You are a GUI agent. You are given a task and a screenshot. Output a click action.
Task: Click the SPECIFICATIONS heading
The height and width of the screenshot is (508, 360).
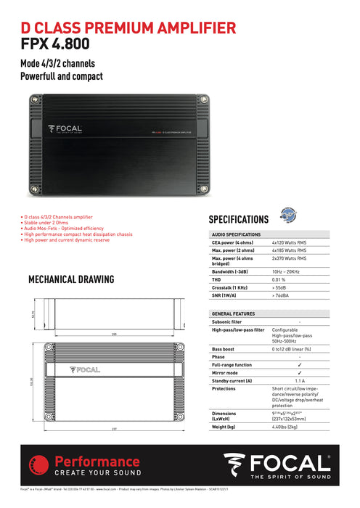238,219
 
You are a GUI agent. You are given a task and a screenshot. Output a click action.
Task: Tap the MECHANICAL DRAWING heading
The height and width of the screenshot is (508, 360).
70,279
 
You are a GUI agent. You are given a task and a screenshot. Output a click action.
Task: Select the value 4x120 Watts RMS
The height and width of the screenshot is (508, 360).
290,243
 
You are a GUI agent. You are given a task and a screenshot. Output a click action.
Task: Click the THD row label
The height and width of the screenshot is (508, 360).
217,279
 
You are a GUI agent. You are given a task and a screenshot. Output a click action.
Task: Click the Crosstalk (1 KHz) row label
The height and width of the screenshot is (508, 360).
231,287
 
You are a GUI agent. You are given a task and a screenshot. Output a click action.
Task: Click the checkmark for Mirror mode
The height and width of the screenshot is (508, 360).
300,372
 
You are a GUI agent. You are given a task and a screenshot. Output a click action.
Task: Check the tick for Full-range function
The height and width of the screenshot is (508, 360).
300,364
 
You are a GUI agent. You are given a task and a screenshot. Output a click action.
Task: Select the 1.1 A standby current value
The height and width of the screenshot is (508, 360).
300,380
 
